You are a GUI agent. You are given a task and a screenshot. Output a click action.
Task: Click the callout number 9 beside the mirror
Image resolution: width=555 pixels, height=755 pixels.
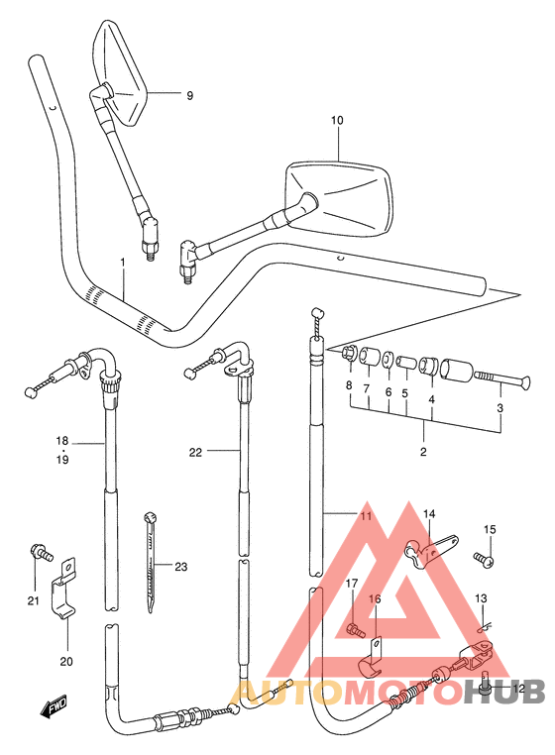pos(190,95)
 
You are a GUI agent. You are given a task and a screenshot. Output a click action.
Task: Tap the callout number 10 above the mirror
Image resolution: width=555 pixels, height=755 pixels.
pos(337,120)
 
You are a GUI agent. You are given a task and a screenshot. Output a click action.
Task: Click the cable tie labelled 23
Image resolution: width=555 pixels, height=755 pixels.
pos(151,563)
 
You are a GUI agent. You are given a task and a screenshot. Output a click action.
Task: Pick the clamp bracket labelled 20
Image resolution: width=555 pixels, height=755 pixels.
pos(64,590)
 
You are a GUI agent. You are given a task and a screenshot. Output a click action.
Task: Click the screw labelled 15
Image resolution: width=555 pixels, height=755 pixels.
pos(483,559)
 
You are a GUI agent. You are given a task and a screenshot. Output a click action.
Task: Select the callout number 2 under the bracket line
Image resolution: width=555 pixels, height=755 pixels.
pos(423,452)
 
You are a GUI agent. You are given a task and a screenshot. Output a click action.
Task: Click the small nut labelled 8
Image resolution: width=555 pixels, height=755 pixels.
pos(349,355)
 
